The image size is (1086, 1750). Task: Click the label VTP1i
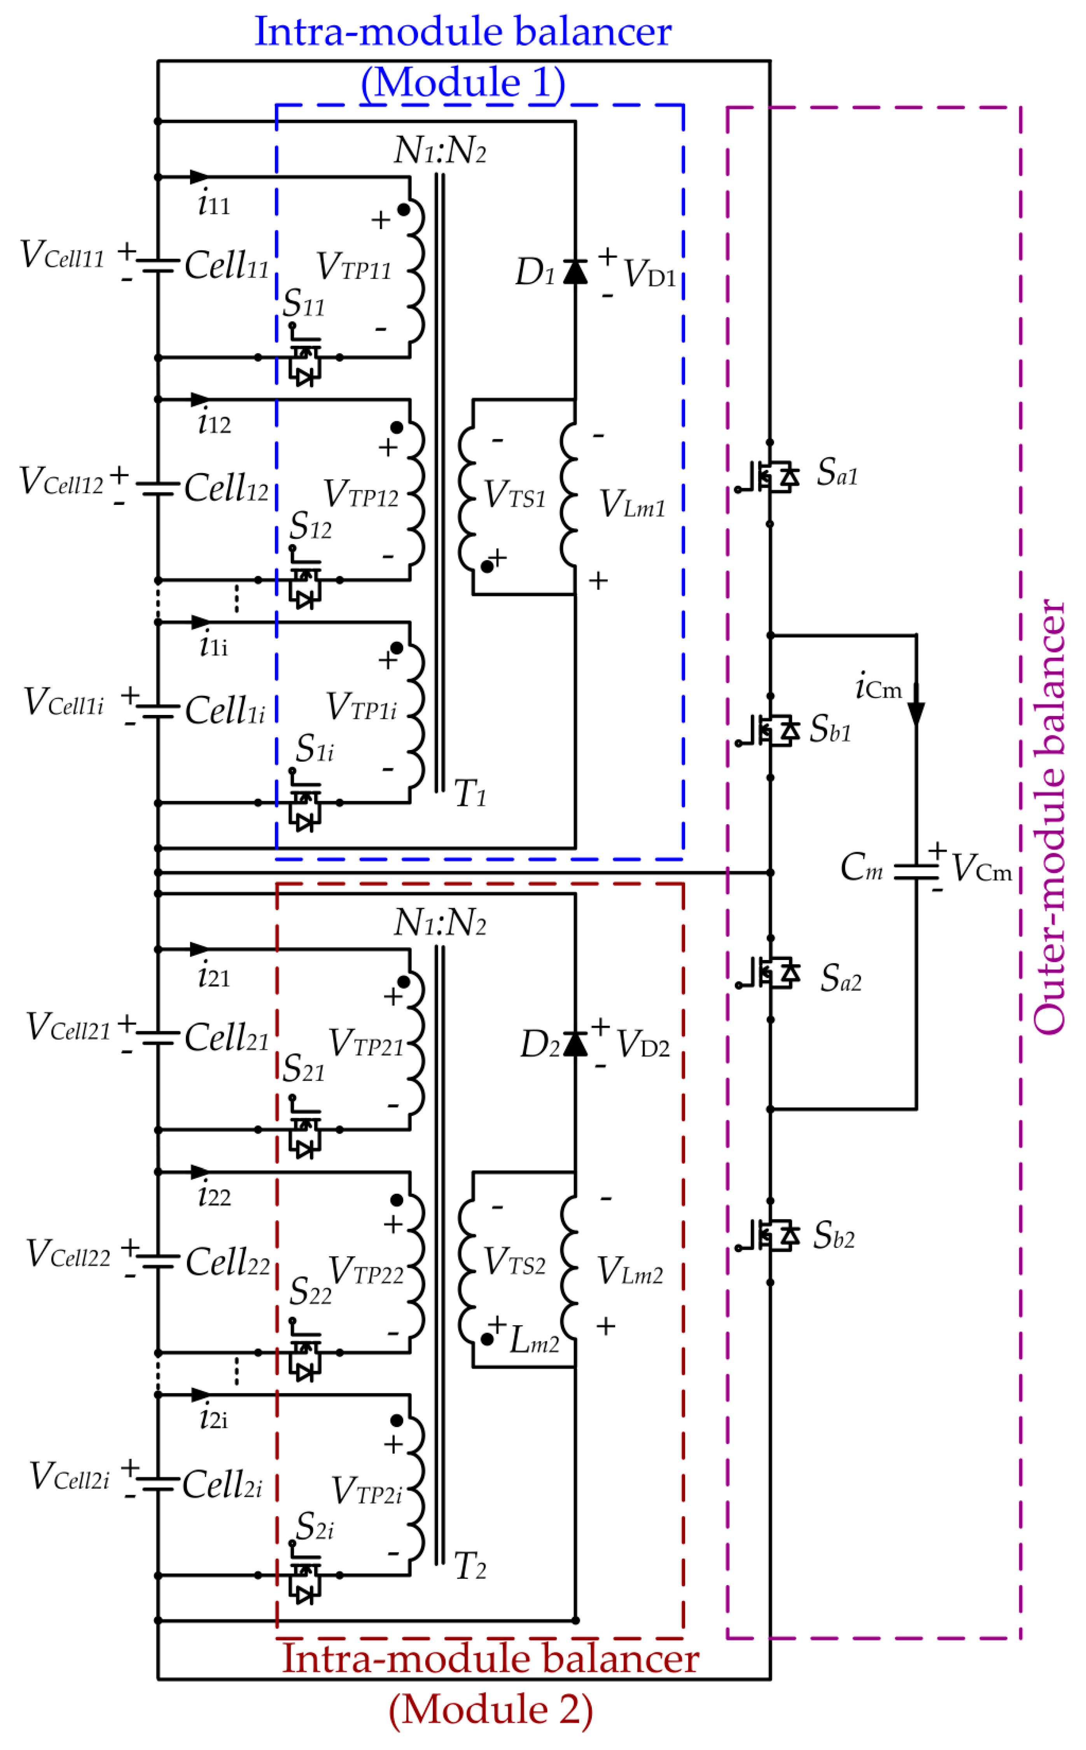[361, 708]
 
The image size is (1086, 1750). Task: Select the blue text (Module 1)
[463, 82]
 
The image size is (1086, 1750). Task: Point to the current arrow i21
[200, 950]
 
